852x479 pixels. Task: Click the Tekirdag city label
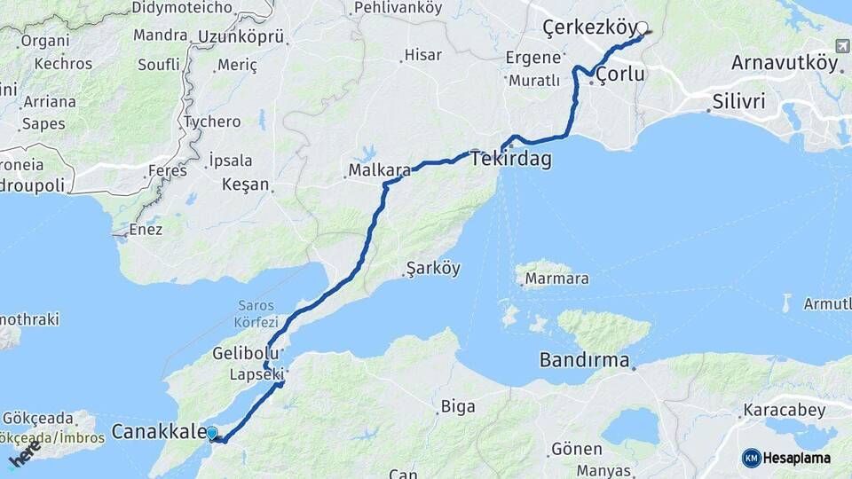click(x=510, y=160)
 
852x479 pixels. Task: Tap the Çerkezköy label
click(x=588, y=28)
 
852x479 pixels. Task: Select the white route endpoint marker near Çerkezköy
click(x=643, y=28)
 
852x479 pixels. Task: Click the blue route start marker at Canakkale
click(x=211, y=433)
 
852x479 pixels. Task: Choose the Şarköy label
click(x=432, y=268)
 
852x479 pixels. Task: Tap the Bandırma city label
click(x=585, y=361)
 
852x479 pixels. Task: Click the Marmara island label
click(x=556, y=279)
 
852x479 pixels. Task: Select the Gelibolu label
click(x=240, y=353)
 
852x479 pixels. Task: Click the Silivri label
click(x=738, y=102)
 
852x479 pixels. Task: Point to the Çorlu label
click(x=620, y=75)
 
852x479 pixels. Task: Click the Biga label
click(x=458, y=407)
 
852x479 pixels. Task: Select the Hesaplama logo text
click(x=797, y=459)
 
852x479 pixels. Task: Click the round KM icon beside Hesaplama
click(x=751, y=459)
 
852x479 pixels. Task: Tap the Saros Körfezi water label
click(x=257, y=313)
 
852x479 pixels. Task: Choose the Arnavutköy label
click(x=784, y=63)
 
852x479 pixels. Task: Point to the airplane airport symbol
click(x=842, y=46)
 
